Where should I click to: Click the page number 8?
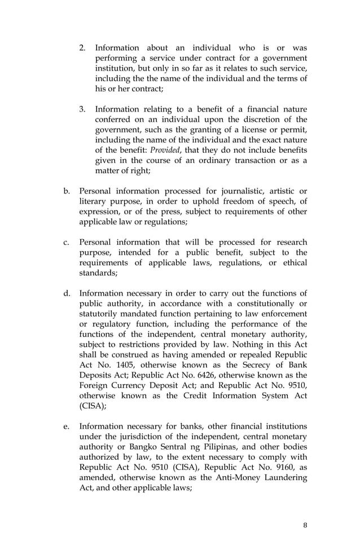pyautogui.click(x=305, y=525)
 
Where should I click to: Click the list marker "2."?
pyautogui.click(x=82, y=48)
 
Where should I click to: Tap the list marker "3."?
pyautogui.click(x=82, y=109)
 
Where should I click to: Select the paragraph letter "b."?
pyautogui.click(x=67, y=191)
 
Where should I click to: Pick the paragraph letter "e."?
pyautogui.click(x=67, y=426)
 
